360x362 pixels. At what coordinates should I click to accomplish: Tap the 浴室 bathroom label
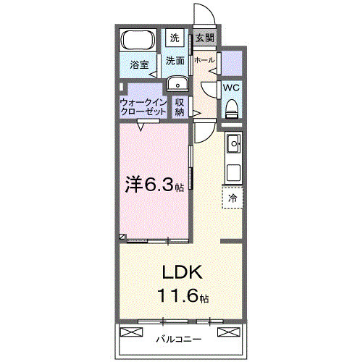pyautogui.click(x=139, y=64)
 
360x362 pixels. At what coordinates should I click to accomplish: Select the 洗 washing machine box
pyautogui.click(x=175, y=38)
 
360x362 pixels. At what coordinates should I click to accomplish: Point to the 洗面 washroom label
pyautogui.click(x=175, y=61)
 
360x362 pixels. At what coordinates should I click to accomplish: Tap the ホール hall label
pyautogui.click(x=204, y=61)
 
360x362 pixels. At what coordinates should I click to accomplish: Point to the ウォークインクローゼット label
pyautogui.click(x=142, y=108)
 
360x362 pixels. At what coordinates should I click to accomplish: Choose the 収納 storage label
pyautogui.click(x=180, y=108)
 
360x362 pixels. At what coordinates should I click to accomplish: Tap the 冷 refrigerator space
pyautogui.click(x=233, y=197)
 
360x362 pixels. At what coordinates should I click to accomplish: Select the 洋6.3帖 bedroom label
pyautogui.click(x=154, y=185)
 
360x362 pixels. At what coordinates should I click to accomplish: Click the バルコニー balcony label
pyautogui.click(x=178, y=339)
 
